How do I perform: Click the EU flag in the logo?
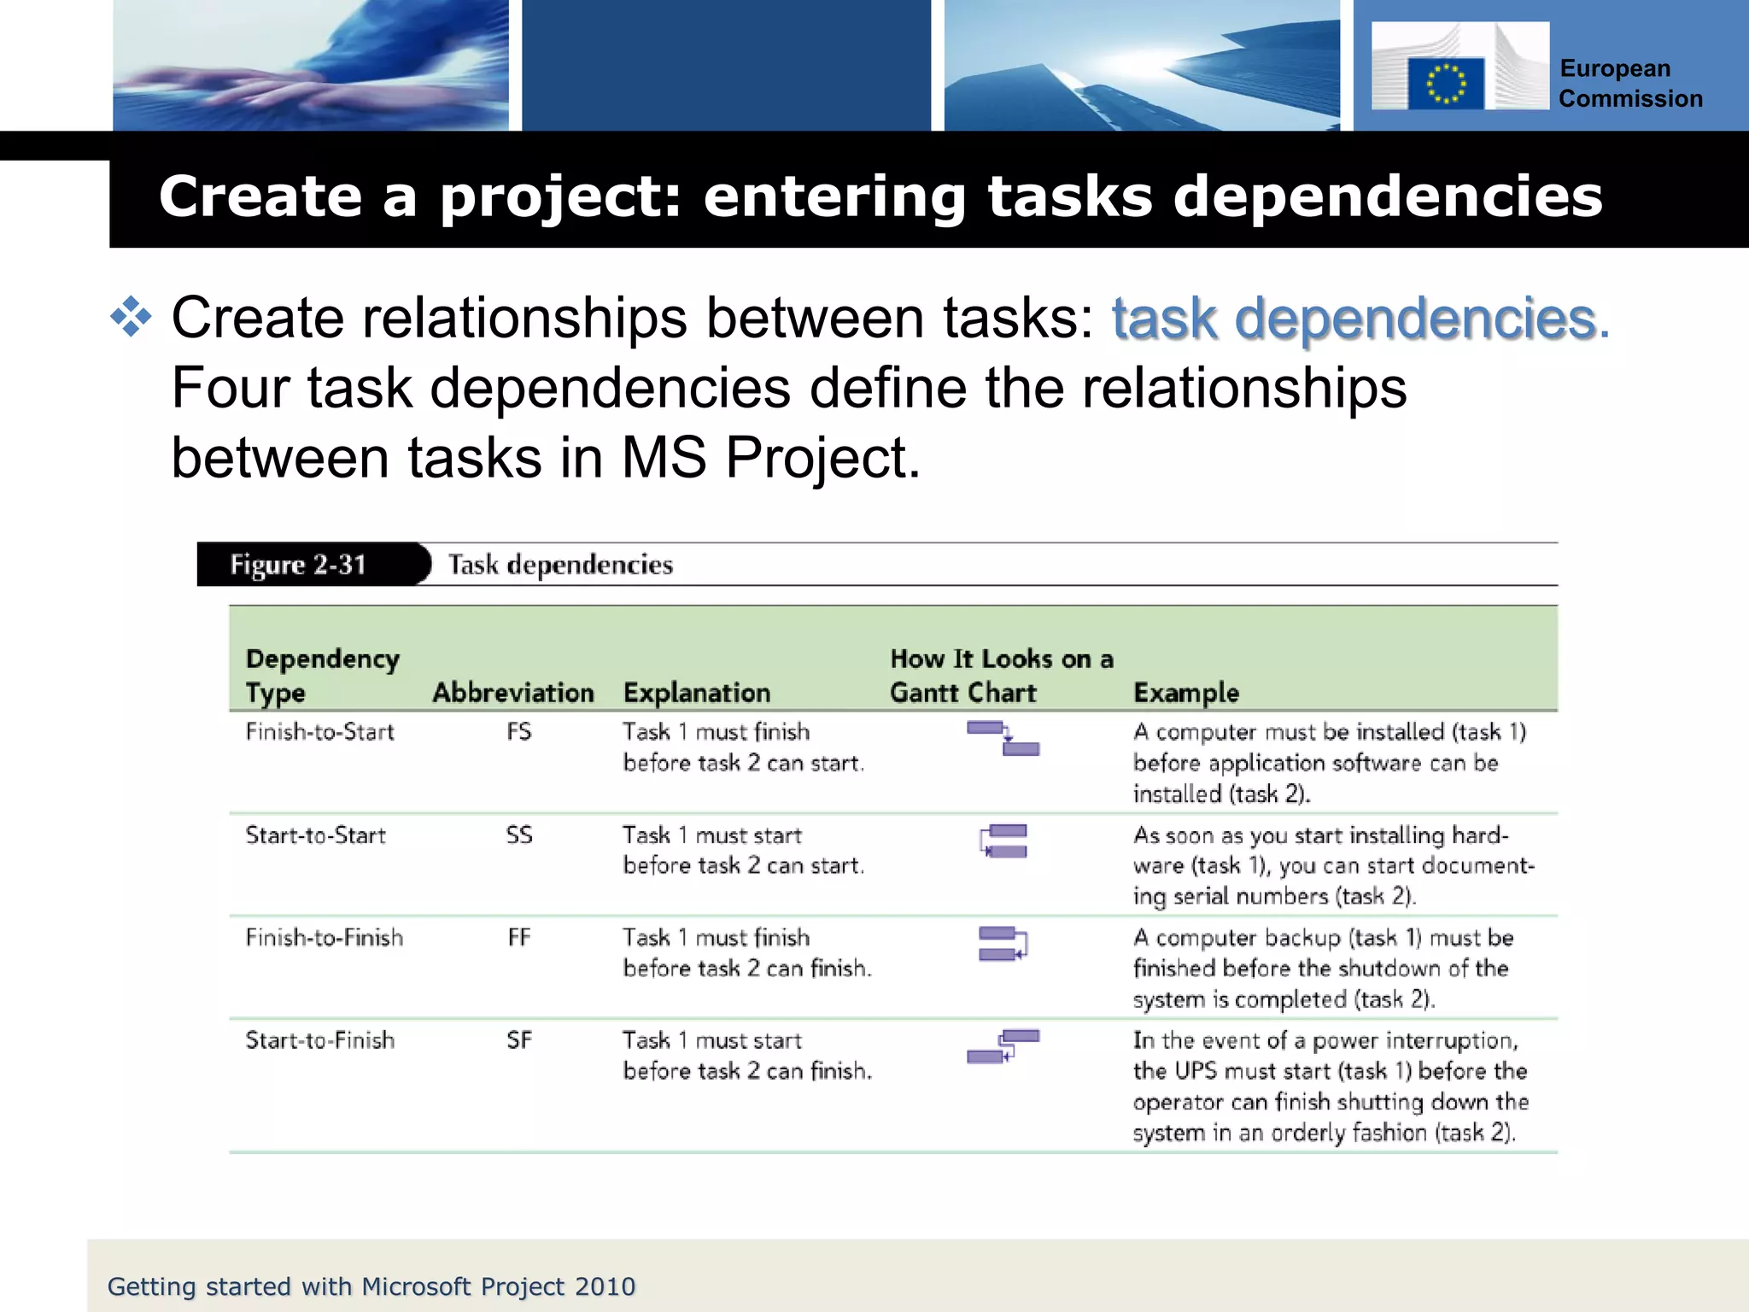[x=1445, y=84]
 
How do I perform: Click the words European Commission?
[x=1629, y=84]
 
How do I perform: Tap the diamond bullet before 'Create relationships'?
[x=131, y=317]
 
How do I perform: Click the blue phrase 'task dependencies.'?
[x=1360, y=319]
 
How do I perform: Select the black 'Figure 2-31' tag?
[x=299, y=565]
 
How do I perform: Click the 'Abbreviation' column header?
[x=513, y=693]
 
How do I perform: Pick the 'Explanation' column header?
[x=697, y=693]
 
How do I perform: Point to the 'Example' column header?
[x=1185, y=693]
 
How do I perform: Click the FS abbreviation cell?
[x=518, y=732]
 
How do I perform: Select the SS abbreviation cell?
[x=518, y=835]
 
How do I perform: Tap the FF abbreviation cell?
[x=518, y=938]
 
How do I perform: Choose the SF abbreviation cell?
[x=518, y=1040]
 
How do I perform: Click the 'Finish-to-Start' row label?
[x=319, y=732]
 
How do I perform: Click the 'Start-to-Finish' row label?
[x=319, y=1040]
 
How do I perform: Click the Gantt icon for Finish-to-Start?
[x=1003, y=739]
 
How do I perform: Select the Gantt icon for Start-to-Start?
[x=1003, y=841]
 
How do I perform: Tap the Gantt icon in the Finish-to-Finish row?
[x=1003, y=944]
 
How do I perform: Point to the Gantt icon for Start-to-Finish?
[x=1003, y=1046]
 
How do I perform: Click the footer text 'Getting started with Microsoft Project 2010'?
[x=371, y=1286]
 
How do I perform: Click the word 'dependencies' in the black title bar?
[x=1387, y=196]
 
